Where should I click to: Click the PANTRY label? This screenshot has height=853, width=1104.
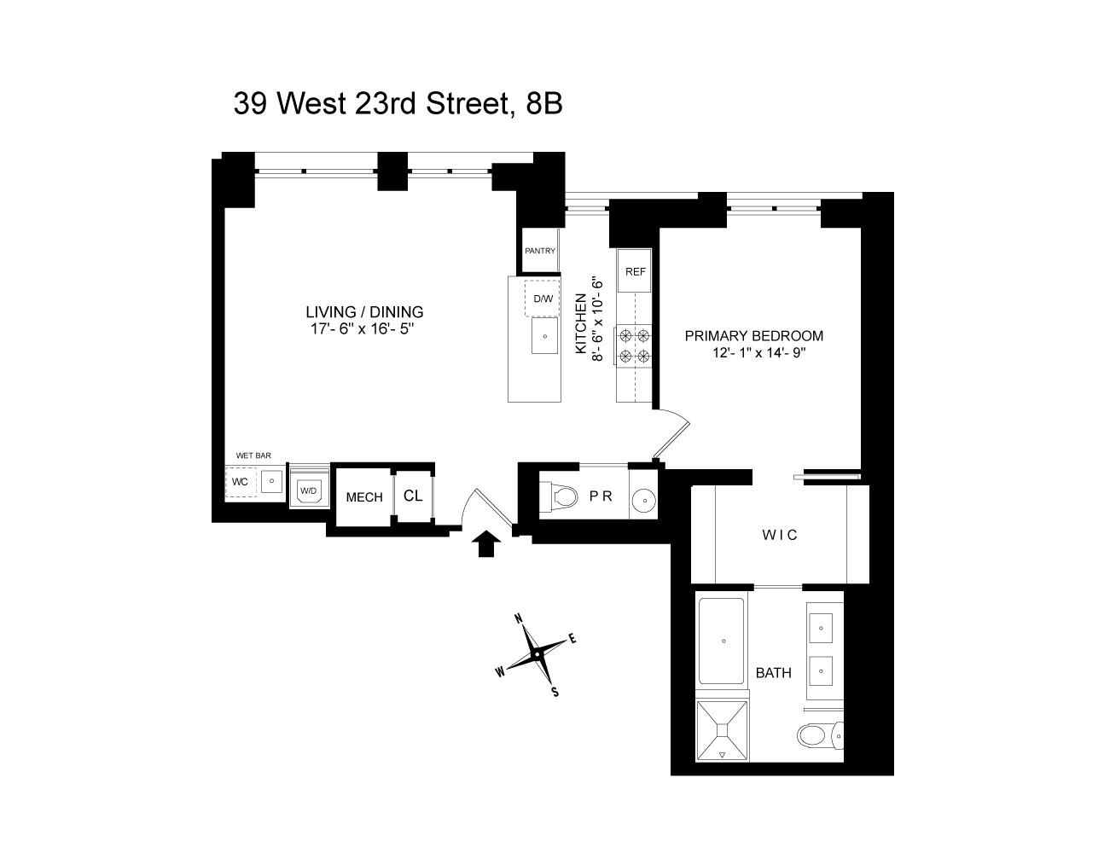540,251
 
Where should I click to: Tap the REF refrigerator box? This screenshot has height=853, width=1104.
635,271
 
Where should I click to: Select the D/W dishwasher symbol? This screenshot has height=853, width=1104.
543,299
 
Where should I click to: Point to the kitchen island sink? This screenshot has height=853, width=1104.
543,336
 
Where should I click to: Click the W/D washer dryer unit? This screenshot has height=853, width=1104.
308,490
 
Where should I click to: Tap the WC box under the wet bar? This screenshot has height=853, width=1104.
241,482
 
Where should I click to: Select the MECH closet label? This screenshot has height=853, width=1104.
363,497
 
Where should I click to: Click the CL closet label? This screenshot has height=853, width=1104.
413,496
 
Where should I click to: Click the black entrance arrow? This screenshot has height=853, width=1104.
486,543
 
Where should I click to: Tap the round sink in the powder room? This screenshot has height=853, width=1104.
643,500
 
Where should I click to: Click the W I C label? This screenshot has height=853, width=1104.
780,535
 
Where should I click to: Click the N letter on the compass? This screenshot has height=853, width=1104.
517,619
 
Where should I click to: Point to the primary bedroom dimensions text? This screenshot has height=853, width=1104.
758,352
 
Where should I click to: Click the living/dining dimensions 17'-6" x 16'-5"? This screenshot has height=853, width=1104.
364,328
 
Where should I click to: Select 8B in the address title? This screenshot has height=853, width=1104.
543,103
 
